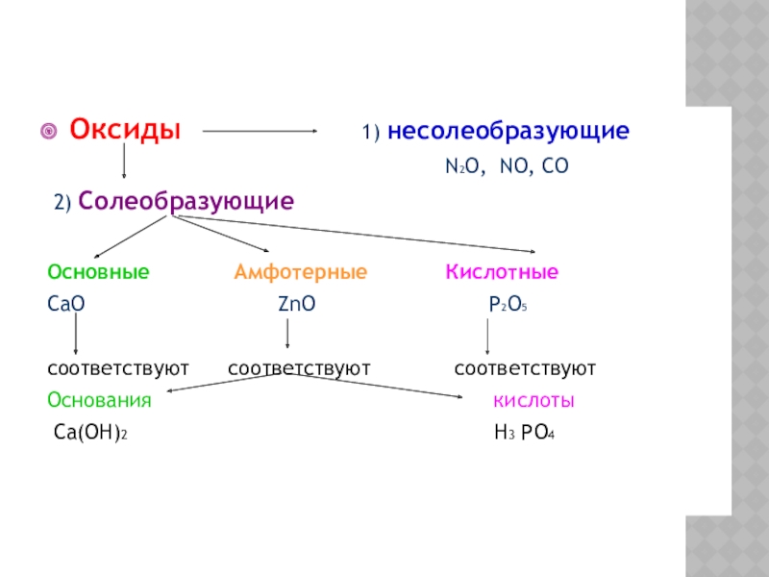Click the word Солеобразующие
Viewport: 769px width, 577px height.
[x=186, y=202]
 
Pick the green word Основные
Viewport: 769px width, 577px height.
[x=98, y=273]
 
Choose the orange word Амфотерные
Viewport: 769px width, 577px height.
[x=301, y=273]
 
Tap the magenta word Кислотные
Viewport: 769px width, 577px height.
[x=501, y=273]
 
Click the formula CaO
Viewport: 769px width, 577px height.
[x=66, y=305]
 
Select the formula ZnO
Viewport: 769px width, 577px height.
[x=296, y=305]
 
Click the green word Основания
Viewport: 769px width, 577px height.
[x=100, y=401]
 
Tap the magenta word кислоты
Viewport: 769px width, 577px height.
[x=534, y=401]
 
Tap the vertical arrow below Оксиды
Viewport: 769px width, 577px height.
[x=124, y=163]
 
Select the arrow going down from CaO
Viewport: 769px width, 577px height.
[x=76, y=337]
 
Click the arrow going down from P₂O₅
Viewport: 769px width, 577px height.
[x=488, y=337]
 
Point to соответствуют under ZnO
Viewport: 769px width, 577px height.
[x=299, y=368]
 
